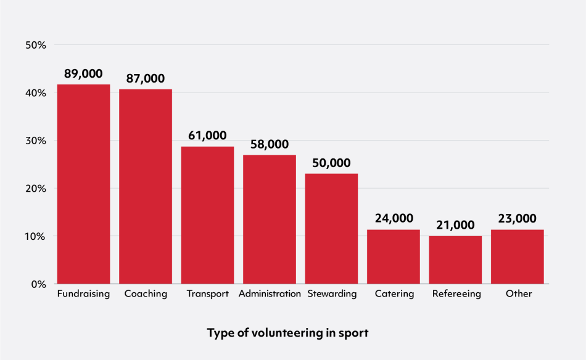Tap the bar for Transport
(x=207, y=215)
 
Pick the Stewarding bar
(x=331, y=229)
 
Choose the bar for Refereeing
(x=455, y=260)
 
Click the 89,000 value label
(x=83, y=73)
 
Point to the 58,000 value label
(x=270, y=144)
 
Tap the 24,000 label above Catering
(x=394, y=219)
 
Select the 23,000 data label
(x=517, y=219)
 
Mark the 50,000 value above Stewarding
(x=331, y=163)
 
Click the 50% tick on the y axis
(x=35, y=45)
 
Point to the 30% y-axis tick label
(x=35, y=141)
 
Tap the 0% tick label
(x=38, y=284)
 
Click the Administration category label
(x=270, y=294)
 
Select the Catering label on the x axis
(x=394, y=294)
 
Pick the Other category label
(x=518, y=294)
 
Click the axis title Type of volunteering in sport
(x=287, y=333)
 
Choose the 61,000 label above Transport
(x=207, y=136)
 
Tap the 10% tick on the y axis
(x=35, y=236)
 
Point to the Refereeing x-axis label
(x=456, y=294)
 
